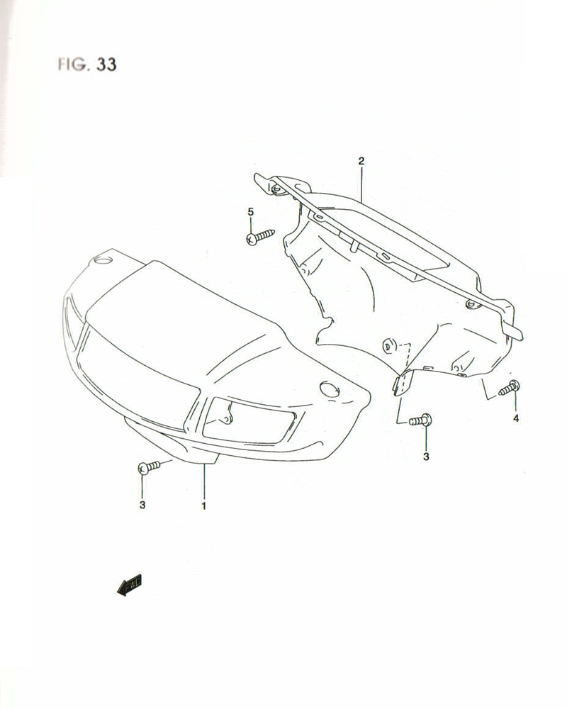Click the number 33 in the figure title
click(x=104, y=64)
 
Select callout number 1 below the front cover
click(x=203, y=506)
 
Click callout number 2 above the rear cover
click(x=361, y=162)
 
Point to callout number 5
click(x=250, y=212)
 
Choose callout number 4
click(x=516, y=418)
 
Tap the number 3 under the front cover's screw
click(x=142, y=506)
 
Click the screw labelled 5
click(x=259, y=236)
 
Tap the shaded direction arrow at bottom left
click(x=130, y=585)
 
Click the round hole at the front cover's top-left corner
click(x=103, y=261)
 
